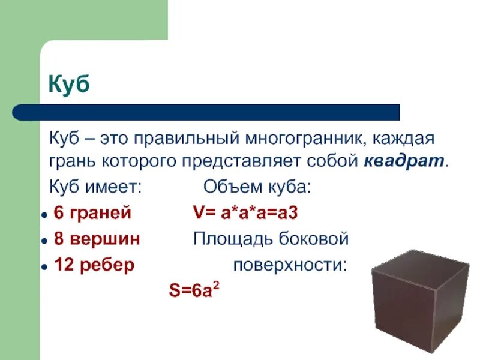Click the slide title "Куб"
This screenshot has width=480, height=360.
pos(69,85)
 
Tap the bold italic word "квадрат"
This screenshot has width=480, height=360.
pos(404,161)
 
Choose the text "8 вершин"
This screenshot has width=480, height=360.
pos(97,239)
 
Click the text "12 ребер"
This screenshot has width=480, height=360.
pos(94,265)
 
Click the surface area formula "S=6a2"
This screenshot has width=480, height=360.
pos(193,291)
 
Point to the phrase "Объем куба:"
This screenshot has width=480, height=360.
pos(257,187)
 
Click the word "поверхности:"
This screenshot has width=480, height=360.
pos(290,265)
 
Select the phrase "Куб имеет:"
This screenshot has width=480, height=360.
pos(95,187)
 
